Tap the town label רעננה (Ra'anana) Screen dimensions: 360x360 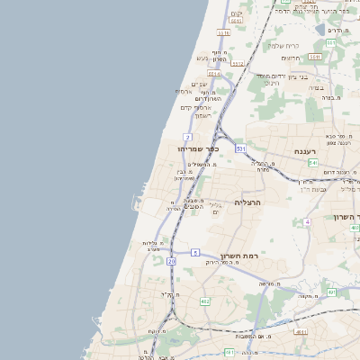(x=303, y=151)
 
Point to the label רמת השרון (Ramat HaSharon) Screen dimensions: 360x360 (x=238, y=256)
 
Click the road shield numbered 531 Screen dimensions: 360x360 (x=240, y=148)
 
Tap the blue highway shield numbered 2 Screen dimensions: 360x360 (x=188, y=137)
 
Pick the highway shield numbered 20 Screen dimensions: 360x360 (x=171, y=261)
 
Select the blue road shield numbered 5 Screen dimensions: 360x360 (x=195, y=254)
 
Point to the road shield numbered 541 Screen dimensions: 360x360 (x=312, y=162)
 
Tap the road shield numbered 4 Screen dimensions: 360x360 (x=307, y=220)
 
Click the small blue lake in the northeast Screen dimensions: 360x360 (x=321, y=30)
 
